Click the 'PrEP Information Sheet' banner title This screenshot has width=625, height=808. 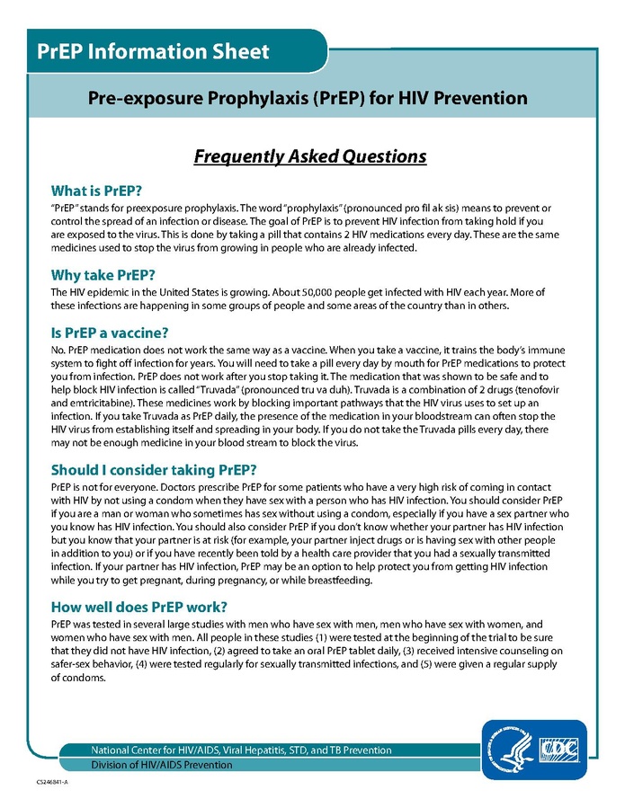click(x=153, y=50)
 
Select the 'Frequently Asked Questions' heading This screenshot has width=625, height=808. click(x=310, y=156)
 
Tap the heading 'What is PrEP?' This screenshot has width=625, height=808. click(x=96, y=191)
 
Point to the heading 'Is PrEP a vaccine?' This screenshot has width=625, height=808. click(x=110, y=331)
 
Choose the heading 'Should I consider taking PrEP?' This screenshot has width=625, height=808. click(x=154, y=469)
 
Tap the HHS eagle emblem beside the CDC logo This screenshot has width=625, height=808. click(x=508, y=749)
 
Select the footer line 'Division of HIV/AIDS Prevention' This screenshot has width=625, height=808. click(x=162, y=765)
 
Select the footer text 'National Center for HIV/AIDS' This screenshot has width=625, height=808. click(x=159, y=750)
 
